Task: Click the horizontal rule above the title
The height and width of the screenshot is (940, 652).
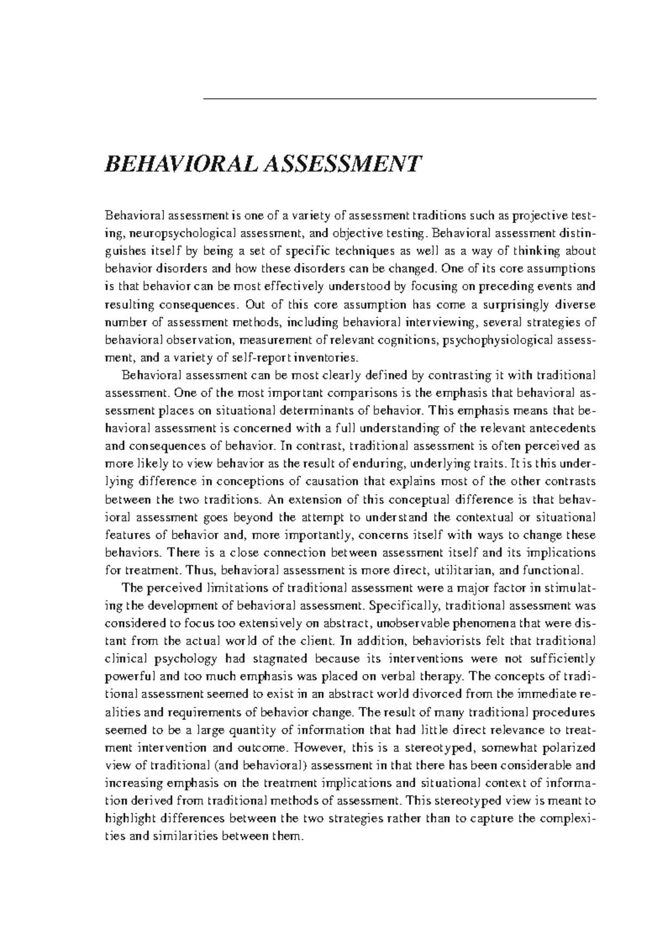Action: [399, 99]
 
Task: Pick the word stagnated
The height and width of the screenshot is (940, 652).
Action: [266, 659]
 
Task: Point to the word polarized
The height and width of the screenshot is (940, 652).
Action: [568, 748]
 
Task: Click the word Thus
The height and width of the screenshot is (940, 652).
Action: [197, 570]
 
